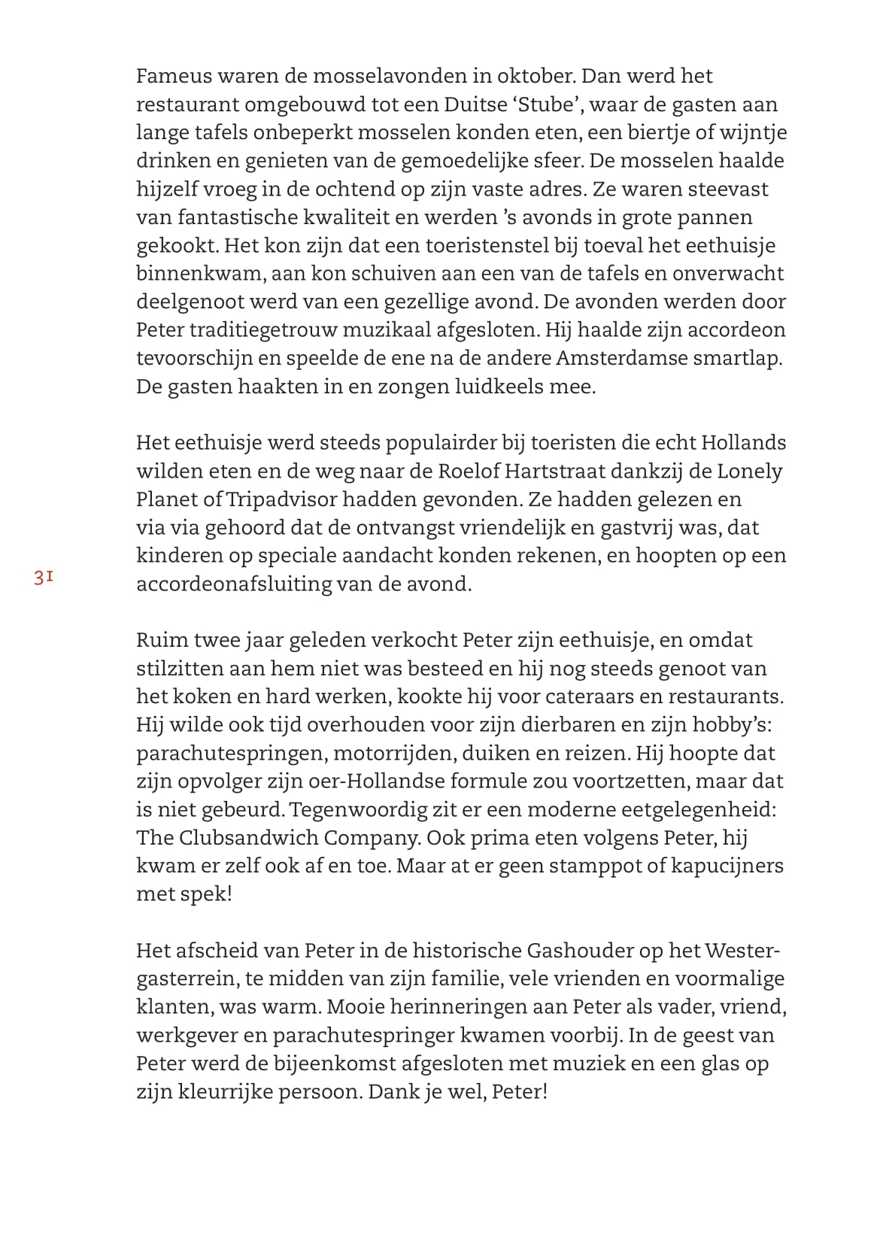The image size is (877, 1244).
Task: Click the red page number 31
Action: pyautogui.click(x=42, y=578)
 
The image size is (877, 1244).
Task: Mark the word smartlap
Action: pyautogui.click(x=742, y=358)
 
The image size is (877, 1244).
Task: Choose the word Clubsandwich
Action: pyautogui.click(x=250, y=838)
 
